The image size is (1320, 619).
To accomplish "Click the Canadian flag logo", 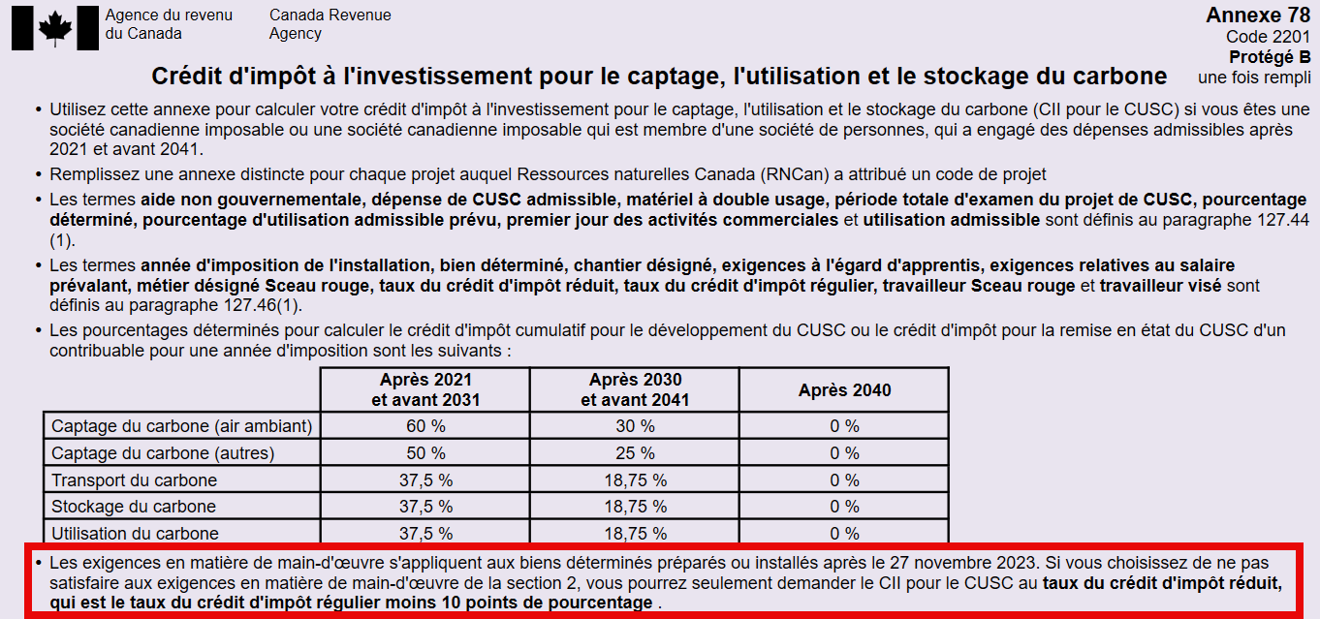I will click(x=55, y=27).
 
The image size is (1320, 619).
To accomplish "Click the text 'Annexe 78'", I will click(x=1258, y=15).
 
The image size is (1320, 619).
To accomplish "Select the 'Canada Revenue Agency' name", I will click(x=330, y=24).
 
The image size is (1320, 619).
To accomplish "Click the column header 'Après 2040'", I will click(x=844, y=390).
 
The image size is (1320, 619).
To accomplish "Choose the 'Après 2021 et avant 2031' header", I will click(x=424, y=389).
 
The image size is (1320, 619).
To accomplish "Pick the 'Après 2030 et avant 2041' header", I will click(x=635, y=389).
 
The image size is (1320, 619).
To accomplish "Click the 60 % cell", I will click(x=424, y=426).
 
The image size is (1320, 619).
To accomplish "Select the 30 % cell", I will click(x=635, y=426).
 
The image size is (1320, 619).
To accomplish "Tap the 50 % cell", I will click(x=424, y=453).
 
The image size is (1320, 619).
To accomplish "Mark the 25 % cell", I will click(x=635, y=453).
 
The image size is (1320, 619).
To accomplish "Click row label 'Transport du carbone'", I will click(x=134, y=480).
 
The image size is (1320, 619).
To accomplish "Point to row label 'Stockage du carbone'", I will click(x=133, y=507).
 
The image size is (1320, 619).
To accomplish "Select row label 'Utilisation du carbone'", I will click(x=135, y=534).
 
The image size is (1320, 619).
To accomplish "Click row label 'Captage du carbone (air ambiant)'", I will click(x=181, y=426).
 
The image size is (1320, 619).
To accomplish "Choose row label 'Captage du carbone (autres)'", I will click(x=162, y=453).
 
